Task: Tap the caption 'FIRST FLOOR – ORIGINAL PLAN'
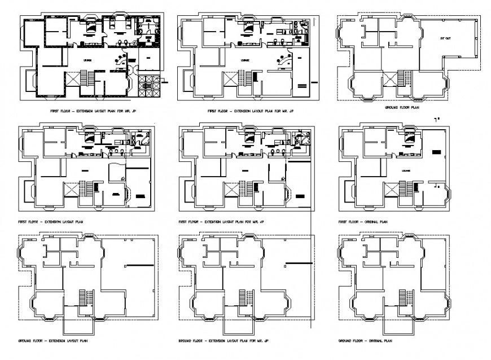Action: point(362,222)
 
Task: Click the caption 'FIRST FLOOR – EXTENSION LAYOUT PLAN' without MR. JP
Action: point(51,222)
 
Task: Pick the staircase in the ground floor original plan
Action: point(404,296)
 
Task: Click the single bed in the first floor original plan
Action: point(410,139)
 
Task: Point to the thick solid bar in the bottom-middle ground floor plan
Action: point(298,264)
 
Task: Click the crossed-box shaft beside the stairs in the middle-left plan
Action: point(72,190)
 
